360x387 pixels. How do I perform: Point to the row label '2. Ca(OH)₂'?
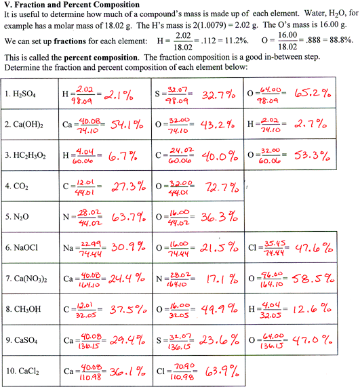click(25, 125)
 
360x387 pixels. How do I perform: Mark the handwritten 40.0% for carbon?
click(220, 155)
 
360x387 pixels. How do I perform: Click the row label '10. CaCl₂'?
click(23, 372)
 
